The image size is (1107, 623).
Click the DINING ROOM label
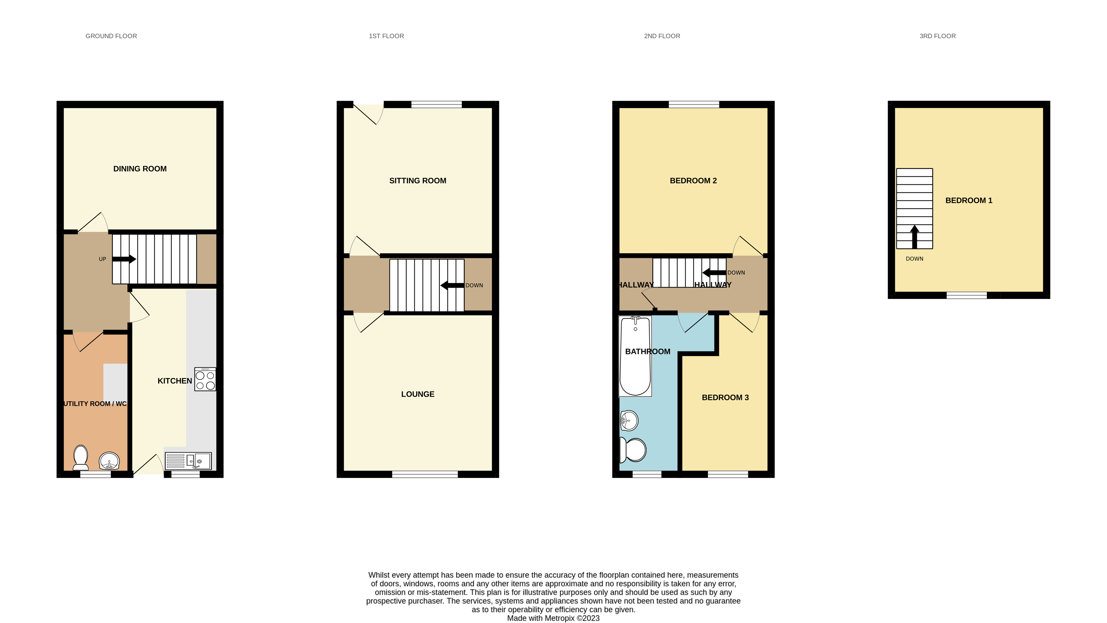click(140, 169)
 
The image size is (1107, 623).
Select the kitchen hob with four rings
click(205, 379)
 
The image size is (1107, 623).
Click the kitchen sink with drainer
click(188, 461)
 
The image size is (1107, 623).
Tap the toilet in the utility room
click(81, 458)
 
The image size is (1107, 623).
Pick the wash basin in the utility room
click(109, 461)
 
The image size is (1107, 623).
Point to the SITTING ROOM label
click(417, 181)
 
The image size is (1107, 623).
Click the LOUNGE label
click(417, 394)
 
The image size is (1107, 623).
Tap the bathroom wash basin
click(629, 420)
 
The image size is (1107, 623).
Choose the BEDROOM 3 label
click(725, 397)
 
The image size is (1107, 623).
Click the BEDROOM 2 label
click(693, 181)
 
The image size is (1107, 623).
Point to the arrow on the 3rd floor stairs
click(914, 236)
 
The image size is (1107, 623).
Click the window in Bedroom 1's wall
click(967, 295)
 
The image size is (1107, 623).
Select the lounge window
click(425, 474)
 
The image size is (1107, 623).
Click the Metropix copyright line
click(553, 618)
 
